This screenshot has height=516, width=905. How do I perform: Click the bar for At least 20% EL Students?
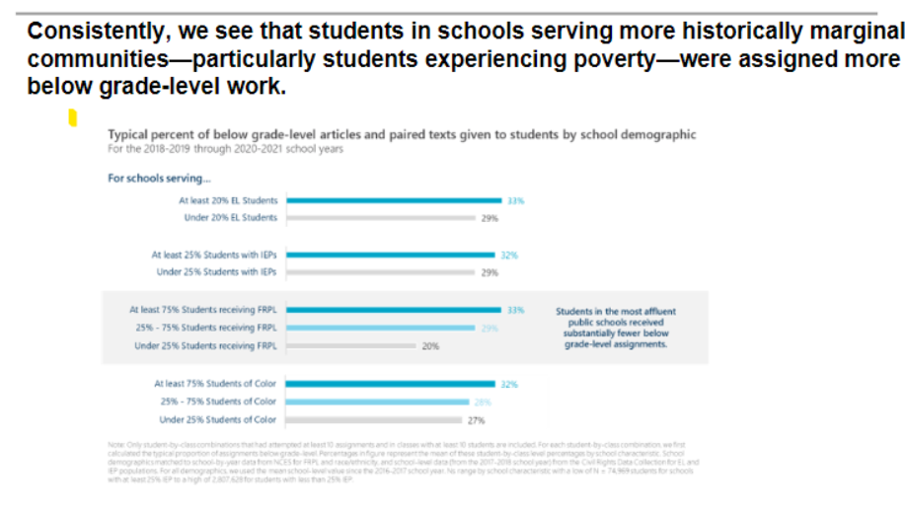pos(394,200)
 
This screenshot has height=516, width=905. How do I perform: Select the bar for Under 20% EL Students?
pos(380,217)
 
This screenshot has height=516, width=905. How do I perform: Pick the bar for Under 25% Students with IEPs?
pos(380,272)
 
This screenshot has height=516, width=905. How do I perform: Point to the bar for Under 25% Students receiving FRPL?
pos(350,346)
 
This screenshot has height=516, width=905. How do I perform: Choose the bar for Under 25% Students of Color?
pos(375,419)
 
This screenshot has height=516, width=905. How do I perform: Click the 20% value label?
pos(430,346)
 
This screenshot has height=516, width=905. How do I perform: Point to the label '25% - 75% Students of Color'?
pos(217,402)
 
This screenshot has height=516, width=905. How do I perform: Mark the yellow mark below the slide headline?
pos(72,119)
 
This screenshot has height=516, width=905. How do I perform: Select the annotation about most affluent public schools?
pos(615,329)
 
